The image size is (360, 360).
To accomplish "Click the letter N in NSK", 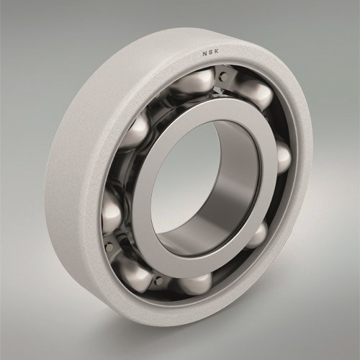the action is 204,54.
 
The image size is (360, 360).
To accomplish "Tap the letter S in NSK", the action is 211,53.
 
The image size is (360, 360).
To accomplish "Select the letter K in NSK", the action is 217,53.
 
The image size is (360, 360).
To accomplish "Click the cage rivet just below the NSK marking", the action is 224,77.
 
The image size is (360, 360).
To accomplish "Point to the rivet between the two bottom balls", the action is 158,280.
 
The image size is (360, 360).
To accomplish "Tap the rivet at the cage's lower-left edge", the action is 109,246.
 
